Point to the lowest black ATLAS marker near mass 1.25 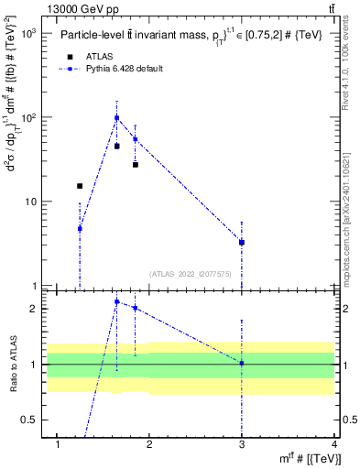pyautogui.click(x=80, y=186)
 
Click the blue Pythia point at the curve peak pyautogui.click(x=116, y=117)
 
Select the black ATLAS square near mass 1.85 pyautogui.click(x=135, y=165)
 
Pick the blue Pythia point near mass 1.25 pyautogui.click(x=80, y=228)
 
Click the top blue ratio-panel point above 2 pyautogui.click(x=116, y=301)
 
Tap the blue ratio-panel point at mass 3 pyautogui.click(x=242, y=363)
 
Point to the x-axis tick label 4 pyautogui.click(x=334, y=445)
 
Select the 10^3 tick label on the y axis pyautogui.click(x=28, y=33)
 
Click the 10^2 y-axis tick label pyautogui.click(x=28, y=117)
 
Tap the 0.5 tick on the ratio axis pyautogui.click(x=30, y=420)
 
